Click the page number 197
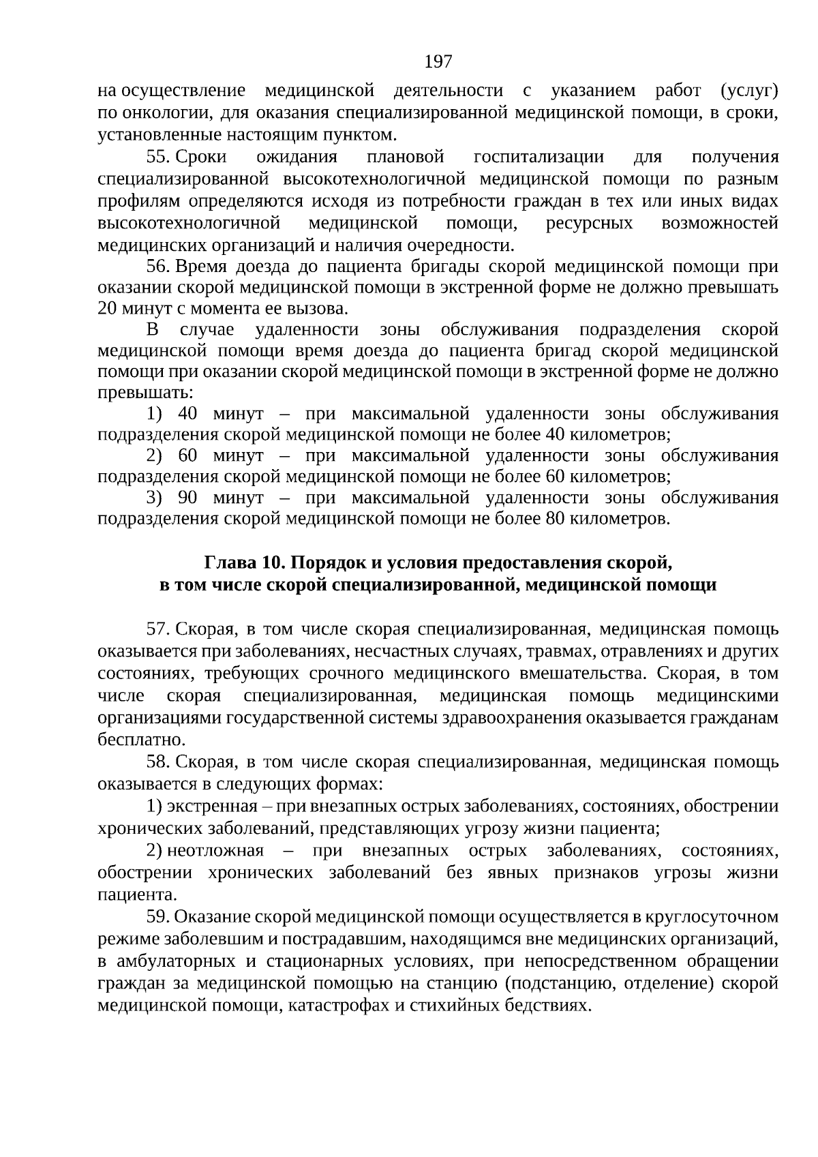pos(438,62)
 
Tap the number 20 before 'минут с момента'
pos(108,307)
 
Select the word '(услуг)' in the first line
pos(748,91)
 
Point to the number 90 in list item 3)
pos(187,498)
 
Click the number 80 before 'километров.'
pos(556,520)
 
